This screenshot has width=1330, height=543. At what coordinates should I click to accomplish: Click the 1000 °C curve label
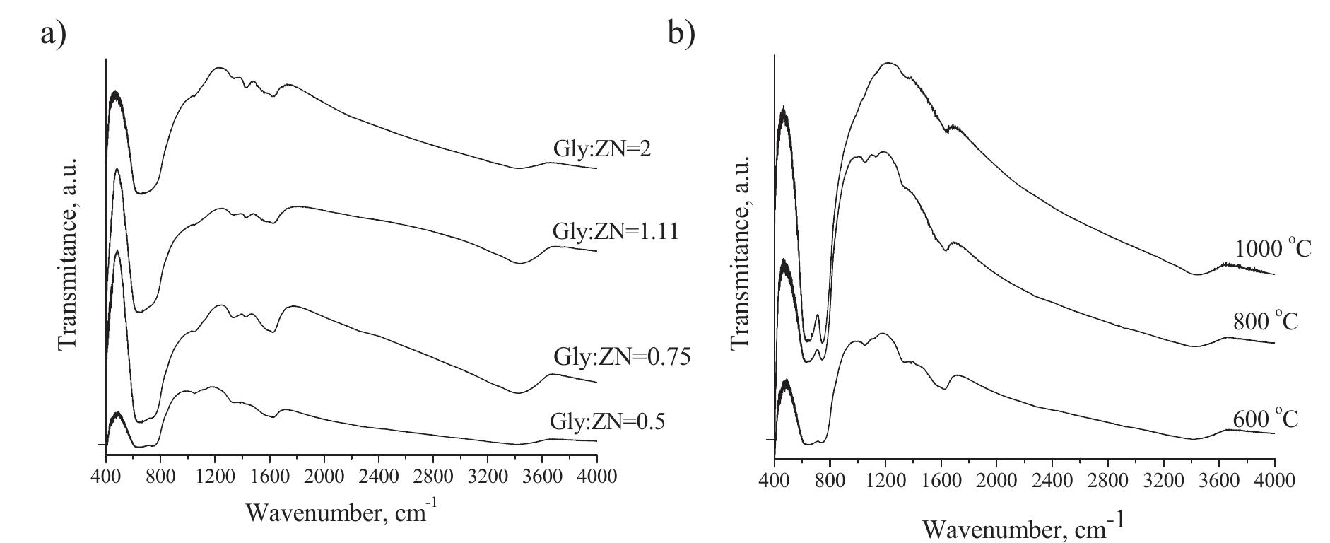1273,249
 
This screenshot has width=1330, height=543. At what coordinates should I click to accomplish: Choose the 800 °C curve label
1266,322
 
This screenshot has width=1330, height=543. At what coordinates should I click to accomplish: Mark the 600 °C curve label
1266,419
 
